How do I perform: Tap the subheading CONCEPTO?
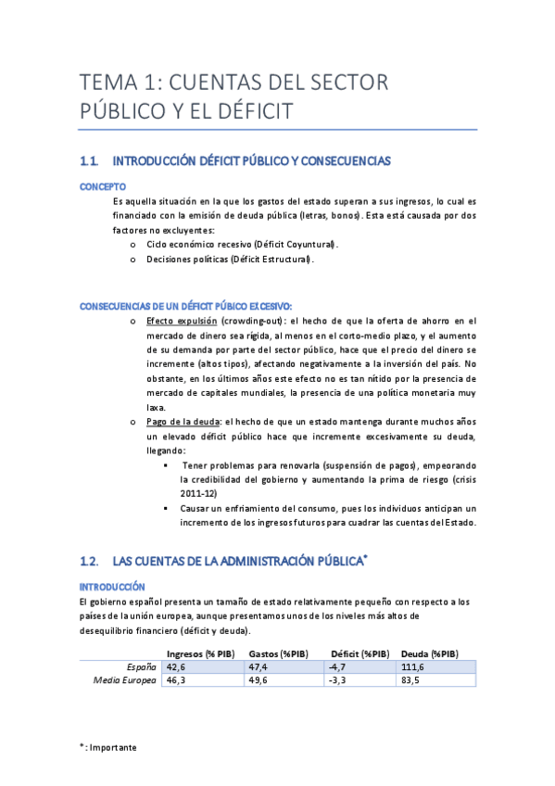coord(103,186)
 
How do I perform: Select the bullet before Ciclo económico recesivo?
coord(133,245)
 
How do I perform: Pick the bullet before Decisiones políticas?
coord(133,260)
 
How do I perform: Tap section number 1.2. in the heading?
coord(90,562)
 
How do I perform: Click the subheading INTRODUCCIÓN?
coord(112,587)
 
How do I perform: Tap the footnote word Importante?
coord(114,747)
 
